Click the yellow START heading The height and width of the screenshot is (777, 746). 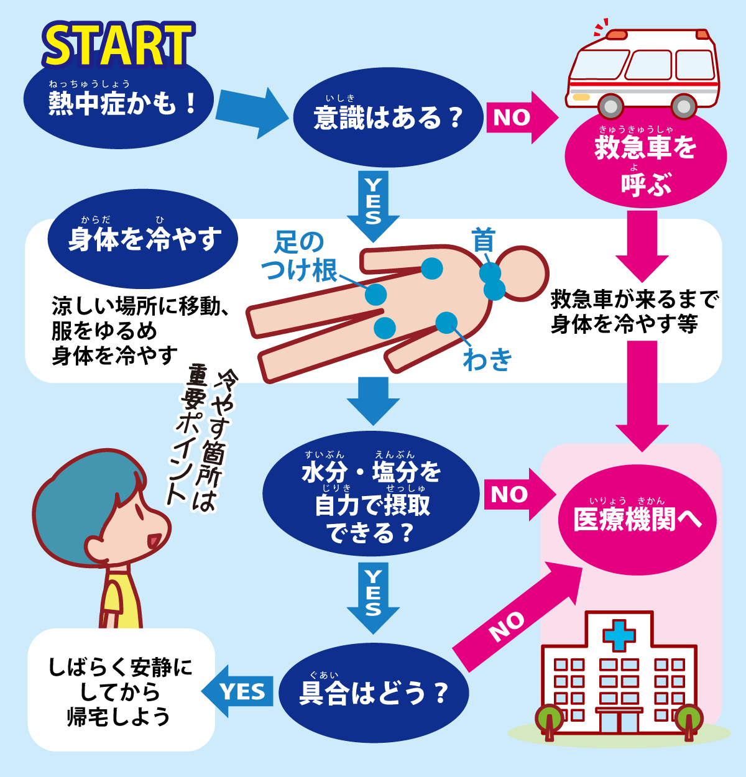coord(119,45)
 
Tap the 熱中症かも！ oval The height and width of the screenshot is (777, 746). coord(119,104)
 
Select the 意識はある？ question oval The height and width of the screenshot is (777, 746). coord(388,117)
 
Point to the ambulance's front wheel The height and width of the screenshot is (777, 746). coord(610,106)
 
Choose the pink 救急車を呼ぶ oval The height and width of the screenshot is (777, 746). coord(645,160)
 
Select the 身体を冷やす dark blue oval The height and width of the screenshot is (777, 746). coord(142,239)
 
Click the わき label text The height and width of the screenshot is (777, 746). coord(487,359)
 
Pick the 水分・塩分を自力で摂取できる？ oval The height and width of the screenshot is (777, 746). coord(371,494)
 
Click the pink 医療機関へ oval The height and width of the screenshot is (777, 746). coord(637,520)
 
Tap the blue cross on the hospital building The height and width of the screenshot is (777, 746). coord(619,636)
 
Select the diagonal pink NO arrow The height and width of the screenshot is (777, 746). coord(517,617)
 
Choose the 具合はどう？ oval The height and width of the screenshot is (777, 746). coord(374,693)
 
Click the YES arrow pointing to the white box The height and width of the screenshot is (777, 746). coord(237,691)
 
